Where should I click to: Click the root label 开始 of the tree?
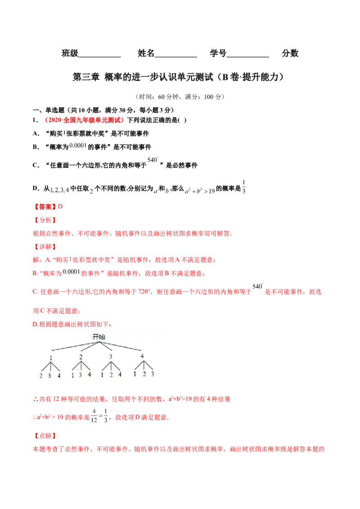click(x=99, y=336)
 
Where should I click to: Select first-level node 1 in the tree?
click(x=51, y=358)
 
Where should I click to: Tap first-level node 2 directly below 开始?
click(x=81, y=357)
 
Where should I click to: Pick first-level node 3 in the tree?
click(x=111, y=357)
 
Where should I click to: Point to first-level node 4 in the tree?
click(x=142, y=356)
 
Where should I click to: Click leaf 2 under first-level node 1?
click(x=41, y=376)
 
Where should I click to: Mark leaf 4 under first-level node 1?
click(x=59, y=376)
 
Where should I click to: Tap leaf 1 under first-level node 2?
click(x=72, y=375)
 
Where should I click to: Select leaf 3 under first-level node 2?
click(x=81, y=375)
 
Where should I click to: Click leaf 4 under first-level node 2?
click(x=90, y=374)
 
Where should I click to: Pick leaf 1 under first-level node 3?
click(x=102, y=375)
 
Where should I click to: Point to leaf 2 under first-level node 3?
click(x=111, y=375)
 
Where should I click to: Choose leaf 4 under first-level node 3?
click(x=120, y=374)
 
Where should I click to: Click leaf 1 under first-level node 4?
click(x=135, y=374)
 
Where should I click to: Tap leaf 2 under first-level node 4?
click(x=144, y=374)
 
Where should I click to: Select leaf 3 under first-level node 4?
click(x=153, y=374)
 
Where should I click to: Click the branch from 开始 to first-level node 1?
click(x=74, y=346)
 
